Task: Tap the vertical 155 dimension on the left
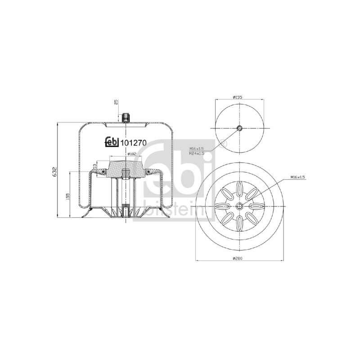point(68,196)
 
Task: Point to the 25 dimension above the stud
point(116,102)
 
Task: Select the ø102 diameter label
point(132,154)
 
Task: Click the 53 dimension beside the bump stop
point(94,166)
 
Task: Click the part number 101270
point(133,143)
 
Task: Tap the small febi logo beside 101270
point(112,142)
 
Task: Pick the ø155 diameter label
point(238,97)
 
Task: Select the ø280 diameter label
point(238,258)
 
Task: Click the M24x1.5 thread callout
point(197,153)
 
